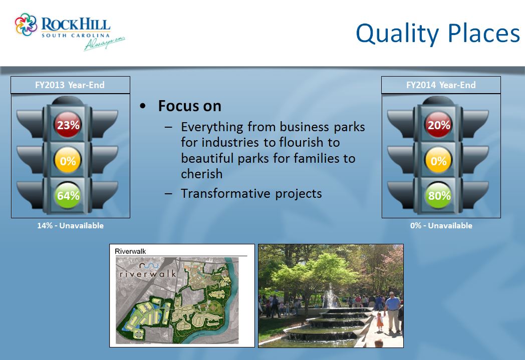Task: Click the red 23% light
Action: click(x=68, y=125)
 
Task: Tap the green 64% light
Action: click(x=68, y=195)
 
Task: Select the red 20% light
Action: click(x=438, y=125)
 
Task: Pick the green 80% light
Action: click(x=438, y=195)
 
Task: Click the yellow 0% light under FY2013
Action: click(x=68, y=160)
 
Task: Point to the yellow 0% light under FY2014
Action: click(x=438, y=160)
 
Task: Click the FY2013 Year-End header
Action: click(x=70, y=85)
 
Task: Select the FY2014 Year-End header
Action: click(x=441, y=85)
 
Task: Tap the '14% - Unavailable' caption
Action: click(x=70, y=225)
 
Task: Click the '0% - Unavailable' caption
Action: click(x=441, y=225)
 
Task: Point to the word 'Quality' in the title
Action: click(x=397, y=34)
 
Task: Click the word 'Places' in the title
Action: click(x=484, y=33)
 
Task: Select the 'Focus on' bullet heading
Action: click(x=189, y=106)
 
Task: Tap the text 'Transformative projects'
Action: click(x=251, y=193)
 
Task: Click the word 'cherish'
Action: click(x=201, y=174)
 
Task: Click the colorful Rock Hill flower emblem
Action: click(x=26, y=25)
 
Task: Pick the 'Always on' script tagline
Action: click(x=104, y=44)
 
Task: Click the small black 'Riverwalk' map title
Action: click(x=130, y=251)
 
